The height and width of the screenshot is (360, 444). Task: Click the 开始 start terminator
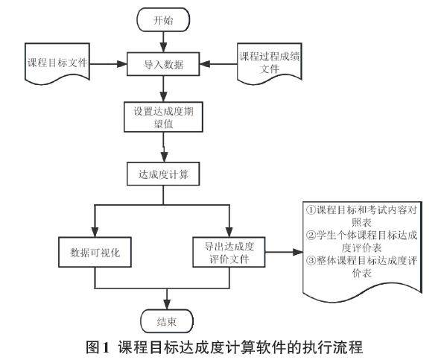click(163, 19)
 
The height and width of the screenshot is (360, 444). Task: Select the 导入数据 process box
click(163, 64)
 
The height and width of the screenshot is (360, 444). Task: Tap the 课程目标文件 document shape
click(57, 64)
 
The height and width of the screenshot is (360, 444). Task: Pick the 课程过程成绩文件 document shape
click(269, 64)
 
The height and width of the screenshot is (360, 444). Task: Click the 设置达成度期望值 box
click(163, 117)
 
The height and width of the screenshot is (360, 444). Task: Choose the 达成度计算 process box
click(163, 174)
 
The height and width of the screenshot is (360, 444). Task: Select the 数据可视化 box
click(95, 252)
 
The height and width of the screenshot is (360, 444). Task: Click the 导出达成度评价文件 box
click(229, 252)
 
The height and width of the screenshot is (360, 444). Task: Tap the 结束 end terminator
click(167, 321)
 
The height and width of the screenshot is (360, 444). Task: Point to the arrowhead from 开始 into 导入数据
click(163, 48)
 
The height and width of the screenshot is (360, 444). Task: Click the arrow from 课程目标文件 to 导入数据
click(109, 64)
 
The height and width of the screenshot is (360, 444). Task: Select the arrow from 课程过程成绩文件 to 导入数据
click(218, 64)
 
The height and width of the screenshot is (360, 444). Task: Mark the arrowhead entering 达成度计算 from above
click(164, 157)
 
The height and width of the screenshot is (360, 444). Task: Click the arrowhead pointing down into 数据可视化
click(95, 232)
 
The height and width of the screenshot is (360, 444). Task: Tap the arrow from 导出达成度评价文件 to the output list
click(284, 252)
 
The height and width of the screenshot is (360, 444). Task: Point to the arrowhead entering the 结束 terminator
click(167, 305)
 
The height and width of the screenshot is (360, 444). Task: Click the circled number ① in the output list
click(311, 210)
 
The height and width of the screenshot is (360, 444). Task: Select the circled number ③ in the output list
click(311, 260)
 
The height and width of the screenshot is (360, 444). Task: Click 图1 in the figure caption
click(98, 347)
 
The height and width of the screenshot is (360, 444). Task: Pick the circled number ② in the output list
click(311, 235)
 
